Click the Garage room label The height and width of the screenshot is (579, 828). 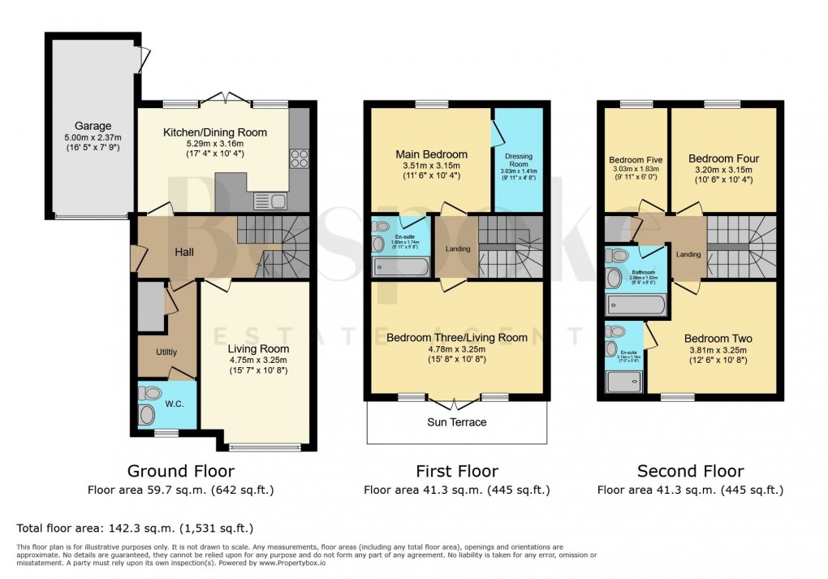[x=93, y=126]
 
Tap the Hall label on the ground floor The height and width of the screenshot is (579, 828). [x=184, y=253]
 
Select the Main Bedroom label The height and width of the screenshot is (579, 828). [x=431, y=154]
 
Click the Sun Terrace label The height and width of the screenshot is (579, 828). [x=457, y=422]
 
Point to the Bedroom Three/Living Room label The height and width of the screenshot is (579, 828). [x=456, y=337]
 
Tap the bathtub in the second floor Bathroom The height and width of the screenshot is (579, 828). [x=636, y=305]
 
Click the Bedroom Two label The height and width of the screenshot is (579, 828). [x=718, y=339]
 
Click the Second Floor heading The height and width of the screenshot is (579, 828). [x=690, y=471]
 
